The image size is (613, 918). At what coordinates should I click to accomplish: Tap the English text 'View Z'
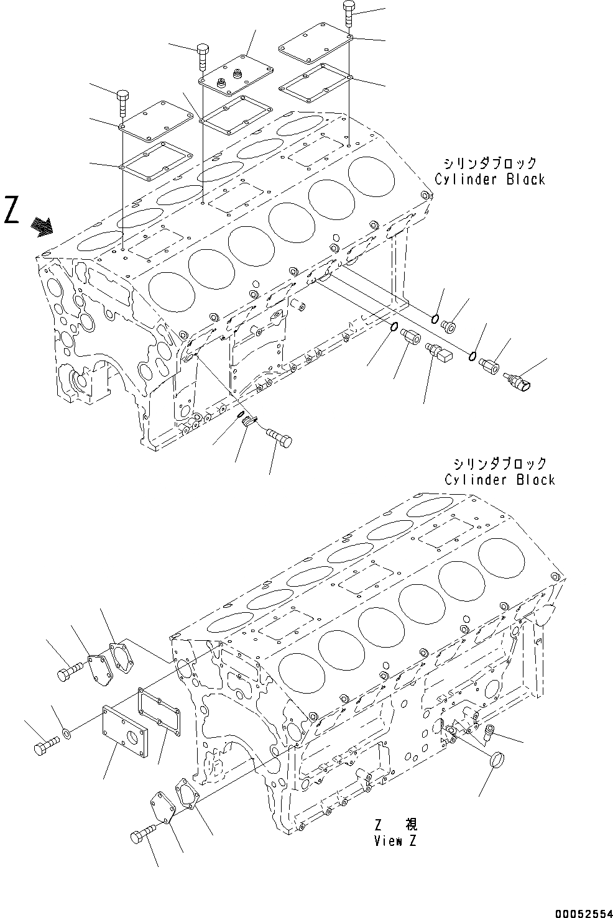[395, 842]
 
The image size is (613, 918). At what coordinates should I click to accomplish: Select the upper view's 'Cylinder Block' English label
[490, 180]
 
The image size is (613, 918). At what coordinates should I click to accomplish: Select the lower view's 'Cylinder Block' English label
[500, 480]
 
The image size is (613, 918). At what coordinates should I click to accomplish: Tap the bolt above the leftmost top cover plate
[122, 102]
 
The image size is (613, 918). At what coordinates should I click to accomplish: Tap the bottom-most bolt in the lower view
[146, 834]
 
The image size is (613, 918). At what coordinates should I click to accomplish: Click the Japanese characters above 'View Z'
[396, 825]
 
